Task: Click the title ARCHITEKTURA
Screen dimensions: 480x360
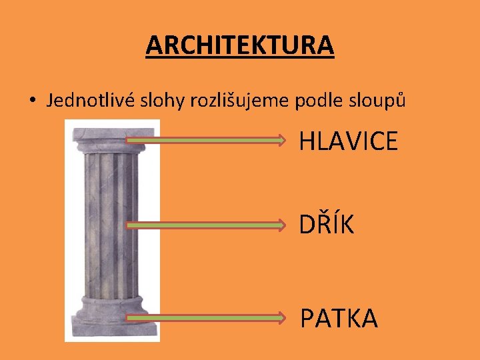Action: pos(240,45)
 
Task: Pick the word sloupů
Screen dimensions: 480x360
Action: pos(381,101)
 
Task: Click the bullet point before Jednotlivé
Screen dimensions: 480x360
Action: pos(31,102)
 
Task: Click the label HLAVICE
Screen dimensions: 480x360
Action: pos(349,141)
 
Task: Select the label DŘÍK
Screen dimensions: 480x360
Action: pos(327,225)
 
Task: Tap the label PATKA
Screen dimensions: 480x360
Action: pos(339,318)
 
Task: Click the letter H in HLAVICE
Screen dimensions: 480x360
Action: pos(307,141)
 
